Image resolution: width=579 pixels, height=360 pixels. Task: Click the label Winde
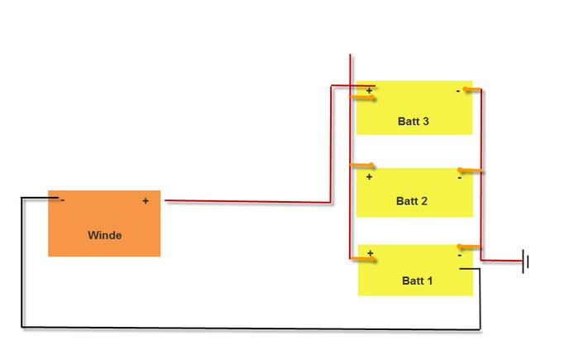tap(105, 235)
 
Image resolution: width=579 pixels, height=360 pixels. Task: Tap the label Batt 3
tap(414, 121)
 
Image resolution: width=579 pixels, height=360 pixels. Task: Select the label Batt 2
tap(412, 201)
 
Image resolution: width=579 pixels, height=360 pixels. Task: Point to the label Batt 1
tap(417, 281)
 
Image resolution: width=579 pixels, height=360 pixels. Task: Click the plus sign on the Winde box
tap(146, 201)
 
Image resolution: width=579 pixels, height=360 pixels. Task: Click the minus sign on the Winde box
tap(63, 200)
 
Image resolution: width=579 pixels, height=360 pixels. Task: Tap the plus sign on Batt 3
tap(369, 90)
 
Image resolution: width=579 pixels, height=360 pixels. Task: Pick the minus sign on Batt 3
tap(458, 90)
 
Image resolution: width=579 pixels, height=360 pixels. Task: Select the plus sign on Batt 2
tap(369, 176)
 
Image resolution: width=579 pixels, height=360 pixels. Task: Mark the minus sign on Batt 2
tap(460, 178)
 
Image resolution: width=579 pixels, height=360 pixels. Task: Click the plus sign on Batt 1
tap(371, 253)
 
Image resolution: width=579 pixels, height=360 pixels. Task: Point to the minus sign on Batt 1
tap(460, 256)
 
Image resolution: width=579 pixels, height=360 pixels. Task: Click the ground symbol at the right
tap(525, 262)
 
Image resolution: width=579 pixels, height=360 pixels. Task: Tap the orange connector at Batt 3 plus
tap(363, 98)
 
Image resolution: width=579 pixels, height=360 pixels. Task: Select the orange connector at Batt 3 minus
tap(472, 89)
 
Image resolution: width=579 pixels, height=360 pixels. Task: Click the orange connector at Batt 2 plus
tap(362, 166)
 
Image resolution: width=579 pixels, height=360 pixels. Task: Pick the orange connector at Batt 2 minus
tap(470, 170)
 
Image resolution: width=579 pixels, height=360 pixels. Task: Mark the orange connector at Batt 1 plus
tap(363, 260)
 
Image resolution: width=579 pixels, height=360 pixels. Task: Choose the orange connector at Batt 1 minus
tap(469, 247)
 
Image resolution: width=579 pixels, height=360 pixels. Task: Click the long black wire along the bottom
tap(251, 328)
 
